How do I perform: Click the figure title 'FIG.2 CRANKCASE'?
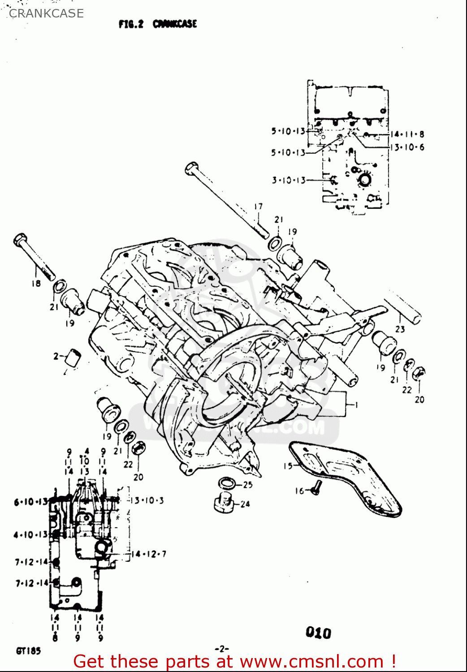(x=158, y=24)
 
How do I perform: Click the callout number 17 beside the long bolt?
(x=258, y=207)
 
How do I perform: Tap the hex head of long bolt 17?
(x=192, y=168)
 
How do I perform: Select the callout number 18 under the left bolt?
(x=36, y=283)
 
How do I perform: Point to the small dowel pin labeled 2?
(x=74, y=357)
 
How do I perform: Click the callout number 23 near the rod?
(x=400, y=329)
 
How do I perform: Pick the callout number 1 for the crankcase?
(x=356, y=405)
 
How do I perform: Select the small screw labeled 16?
(x=316, y=488)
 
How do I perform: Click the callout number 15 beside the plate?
(x=288, y=466)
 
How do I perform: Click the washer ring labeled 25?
(x=228, y=483)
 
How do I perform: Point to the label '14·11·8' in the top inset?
(x=407, y=134)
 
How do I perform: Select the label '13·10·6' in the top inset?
(x=407, y=147)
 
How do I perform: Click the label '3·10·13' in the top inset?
(x=288, y=180)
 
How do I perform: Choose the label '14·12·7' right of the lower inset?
(x=148, y=554)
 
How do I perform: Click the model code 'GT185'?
(x=28, y=651)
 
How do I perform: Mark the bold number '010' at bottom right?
(x=318, y=633)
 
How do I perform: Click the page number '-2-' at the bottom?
(x=222, y=648)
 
